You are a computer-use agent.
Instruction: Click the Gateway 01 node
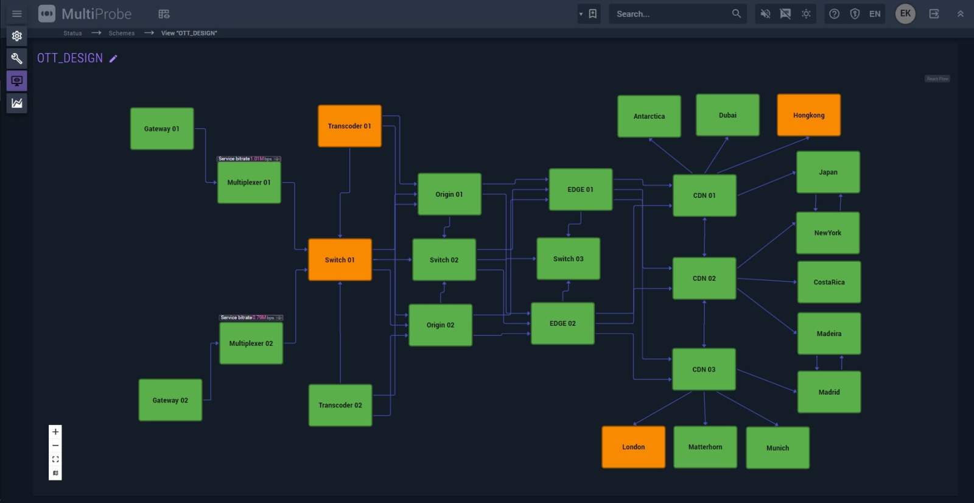click(162, 128)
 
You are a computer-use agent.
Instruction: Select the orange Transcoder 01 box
click(349, 126)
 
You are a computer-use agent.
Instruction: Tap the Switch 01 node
click(340, 259)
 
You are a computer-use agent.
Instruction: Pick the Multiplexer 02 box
click(251, 343)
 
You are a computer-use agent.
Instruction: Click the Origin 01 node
click(449, 194)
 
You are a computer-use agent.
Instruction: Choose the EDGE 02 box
click(562, 323)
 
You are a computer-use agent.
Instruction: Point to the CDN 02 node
click(704, 278)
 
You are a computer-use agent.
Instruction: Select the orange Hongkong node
click(808, 115)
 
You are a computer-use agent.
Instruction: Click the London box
click(633, 447)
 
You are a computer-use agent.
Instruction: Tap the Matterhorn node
click(705, 447)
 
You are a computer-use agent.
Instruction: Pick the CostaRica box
click(829, 282)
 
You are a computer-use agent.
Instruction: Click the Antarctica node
click(649, 116)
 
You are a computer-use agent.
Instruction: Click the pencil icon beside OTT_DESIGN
click(113, 58)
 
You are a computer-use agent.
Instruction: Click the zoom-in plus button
click(55, 432)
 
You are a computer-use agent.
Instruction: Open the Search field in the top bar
click(670, 14)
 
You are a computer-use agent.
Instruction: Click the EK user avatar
click(905, 13)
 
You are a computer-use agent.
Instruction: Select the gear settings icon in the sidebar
click(17, 36)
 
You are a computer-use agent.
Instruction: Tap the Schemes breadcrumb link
click(122, 33)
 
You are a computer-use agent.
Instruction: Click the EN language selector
click(875, 14)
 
